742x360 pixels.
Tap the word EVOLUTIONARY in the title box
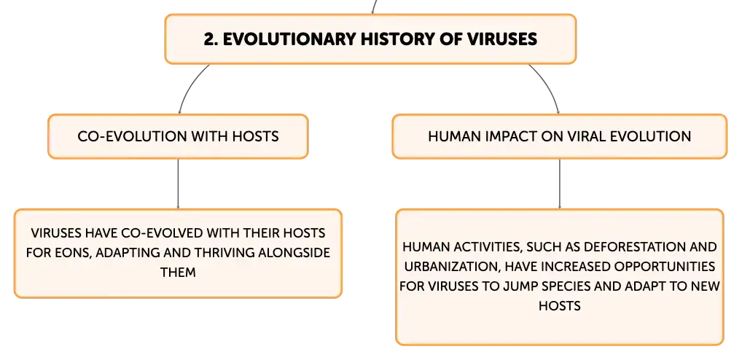[x=289, y=39]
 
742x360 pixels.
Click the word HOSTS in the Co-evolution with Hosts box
[x=255, y=136]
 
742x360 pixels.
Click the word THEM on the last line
[x=178, y=273]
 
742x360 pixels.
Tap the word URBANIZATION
[x=450, y=266]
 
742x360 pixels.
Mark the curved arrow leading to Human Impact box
[x=549, y=85]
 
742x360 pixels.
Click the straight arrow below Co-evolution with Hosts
[x=178, y=184]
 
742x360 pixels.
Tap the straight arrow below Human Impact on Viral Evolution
[x=560, y=184]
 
